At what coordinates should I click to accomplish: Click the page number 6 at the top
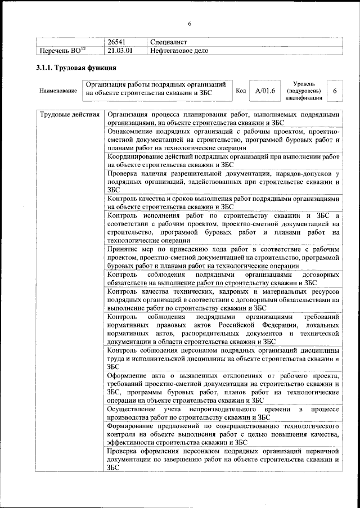coord(190,23)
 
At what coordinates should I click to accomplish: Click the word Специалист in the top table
coord(168,42)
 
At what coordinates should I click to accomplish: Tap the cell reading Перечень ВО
coord(61,51)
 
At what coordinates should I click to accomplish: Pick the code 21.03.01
coord(120,51)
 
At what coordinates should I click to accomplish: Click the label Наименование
coord(58,91)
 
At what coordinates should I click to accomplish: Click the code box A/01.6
coord(265,91)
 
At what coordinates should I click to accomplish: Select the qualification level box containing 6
coord(335,91)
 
